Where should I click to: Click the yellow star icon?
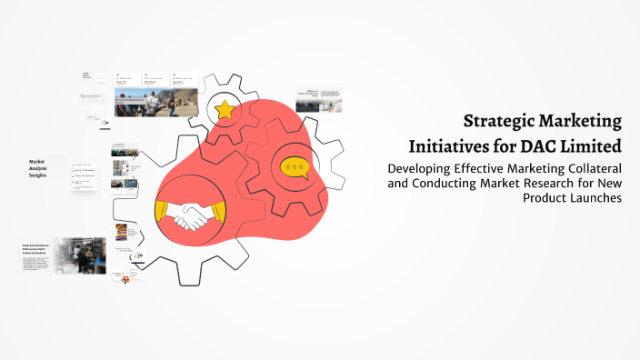click(x=225, y=110)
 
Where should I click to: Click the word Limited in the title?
click(x=598, y=145)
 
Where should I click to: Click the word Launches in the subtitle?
click(x=592, y=199)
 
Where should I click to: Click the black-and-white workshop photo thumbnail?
click(x=80, y=255)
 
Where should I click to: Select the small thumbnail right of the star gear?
click(x=319, y=99)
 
